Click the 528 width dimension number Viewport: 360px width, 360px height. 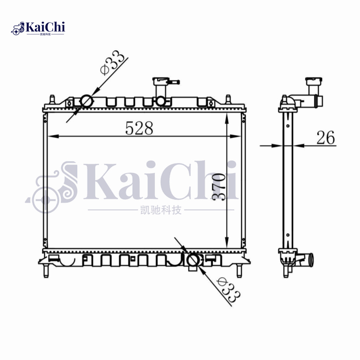pos(139,128)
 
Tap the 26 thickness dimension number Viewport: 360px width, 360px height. pos(326,138)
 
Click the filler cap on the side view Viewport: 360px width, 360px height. pos(311,82)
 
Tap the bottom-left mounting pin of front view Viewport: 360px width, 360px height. pos(46,271)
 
